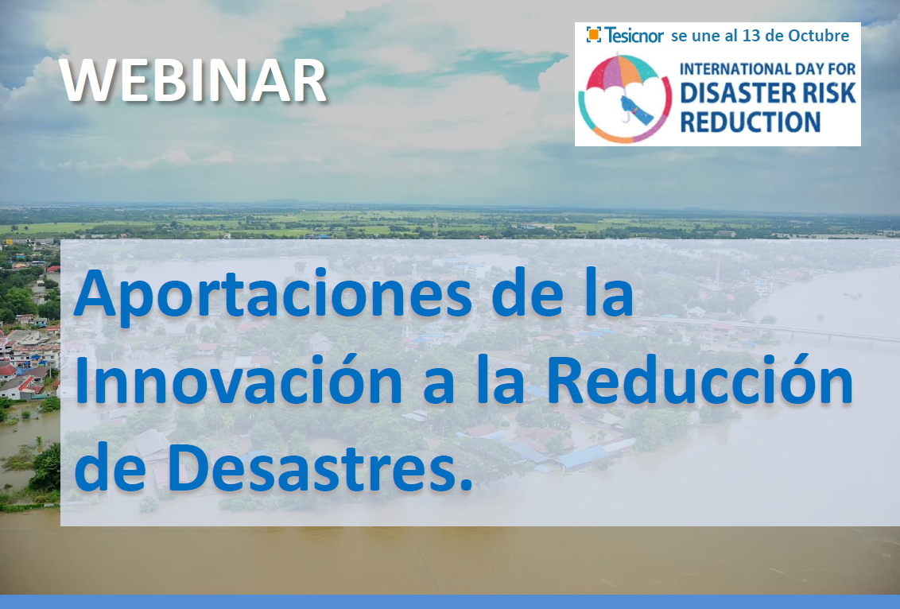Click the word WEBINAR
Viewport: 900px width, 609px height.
[193, 81]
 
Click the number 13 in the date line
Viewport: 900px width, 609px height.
[751, 36]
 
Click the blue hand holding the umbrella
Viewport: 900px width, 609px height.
[637, 111]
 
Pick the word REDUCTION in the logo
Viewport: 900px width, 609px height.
[751, 122]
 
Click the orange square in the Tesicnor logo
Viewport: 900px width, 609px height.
[594, 35]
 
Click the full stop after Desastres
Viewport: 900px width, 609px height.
[467, 487]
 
